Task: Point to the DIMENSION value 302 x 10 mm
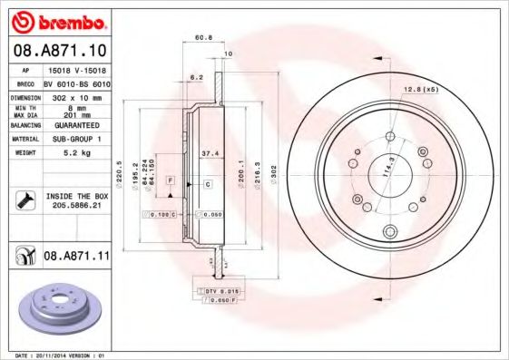[75, 95]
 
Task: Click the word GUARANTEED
[75, 126]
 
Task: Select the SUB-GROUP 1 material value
[75, 139]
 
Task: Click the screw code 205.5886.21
[75, 205]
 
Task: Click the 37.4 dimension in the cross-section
[207, 154]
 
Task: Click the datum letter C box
[207, 184]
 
